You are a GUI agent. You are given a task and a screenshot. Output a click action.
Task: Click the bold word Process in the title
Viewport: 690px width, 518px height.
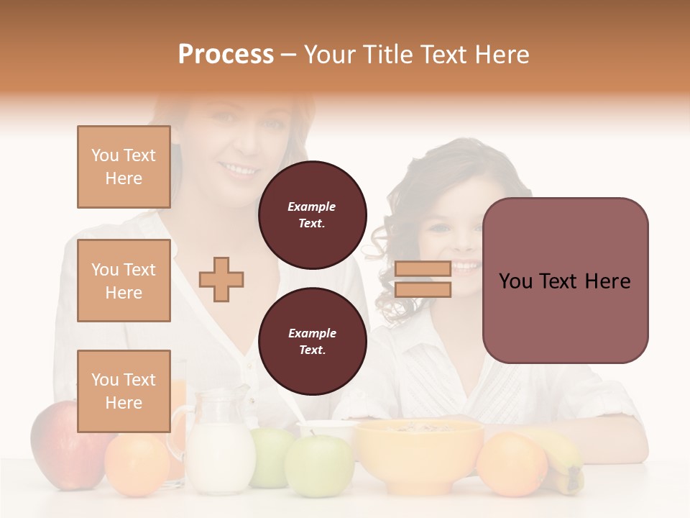[x=226, y=55]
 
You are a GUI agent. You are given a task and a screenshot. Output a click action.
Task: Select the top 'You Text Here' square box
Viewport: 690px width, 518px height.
[x=124, y=167]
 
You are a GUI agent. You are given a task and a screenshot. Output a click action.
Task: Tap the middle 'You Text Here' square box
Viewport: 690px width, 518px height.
[x=124, y=281]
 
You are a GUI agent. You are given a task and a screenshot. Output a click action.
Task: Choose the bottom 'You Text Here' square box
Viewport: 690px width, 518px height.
[x=124, y=391]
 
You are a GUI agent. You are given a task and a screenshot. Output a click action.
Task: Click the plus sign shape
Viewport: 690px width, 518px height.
[x=221, y=278]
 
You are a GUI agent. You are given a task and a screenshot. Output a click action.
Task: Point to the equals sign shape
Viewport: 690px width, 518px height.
[x=423, y=279]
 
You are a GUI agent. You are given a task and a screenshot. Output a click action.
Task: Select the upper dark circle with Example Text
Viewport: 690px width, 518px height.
[x=312, y=214]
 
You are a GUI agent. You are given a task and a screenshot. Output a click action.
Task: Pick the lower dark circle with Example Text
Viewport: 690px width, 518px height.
[x=312, y=341]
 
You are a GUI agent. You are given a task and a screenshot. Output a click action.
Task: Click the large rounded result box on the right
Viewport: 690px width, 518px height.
[x=565, y=281]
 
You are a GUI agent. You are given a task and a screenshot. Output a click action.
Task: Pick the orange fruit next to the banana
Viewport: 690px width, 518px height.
[x=511, y=464]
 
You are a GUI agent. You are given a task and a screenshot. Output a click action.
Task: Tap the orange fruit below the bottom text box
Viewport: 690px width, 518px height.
[x=137, y=464]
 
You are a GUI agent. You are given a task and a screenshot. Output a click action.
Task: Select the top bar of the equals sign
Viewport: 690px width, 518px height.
[x=423, y=268]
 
